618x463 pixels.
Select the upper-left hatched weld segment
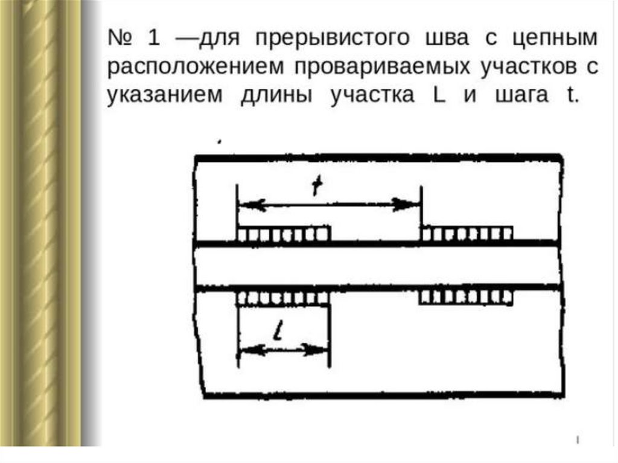click(x=284, y=233)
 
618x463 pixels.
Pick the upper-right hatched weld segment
click(x=467, y=233)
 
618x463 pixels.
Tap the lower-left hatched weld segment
click(x=284, y=298)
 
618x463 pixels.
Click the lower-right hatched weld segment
click(x=467, y=297)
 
